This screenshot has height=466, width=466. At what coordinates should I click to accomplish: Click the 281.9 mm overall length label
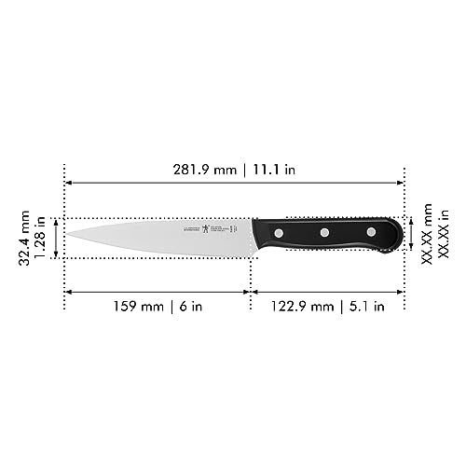(200, 171)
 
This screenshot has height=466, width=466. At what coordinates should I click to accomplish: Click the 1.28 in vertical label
(41, 239)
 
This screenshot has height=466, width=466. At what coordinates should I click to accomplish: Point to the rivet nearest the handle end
(370, 230)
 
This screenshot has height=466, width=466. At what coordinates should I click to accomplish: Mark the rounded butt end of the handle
(402, 236)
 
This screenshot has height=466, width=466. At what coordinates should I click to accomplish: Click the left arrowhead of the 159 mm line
(68, 292)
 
